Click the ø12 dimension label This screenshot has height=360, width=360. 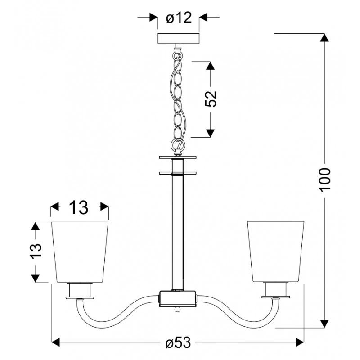point(179,18)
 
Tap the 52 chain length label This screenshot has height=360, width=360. point(211,99)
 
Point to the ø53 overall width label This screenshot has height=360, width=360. point(178,342)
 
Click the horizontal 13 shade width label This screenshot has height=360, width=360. point(78,207)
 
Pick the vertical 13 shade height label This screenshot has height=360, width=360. point(36,251)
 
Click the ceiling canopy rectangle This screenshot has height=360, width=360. point(178,39)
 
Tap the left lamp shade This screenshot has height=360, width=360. point(80,252)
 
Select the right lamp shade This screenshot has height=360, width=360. point(275,252)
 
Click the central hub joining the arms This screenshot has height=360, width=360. point(178,299)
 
